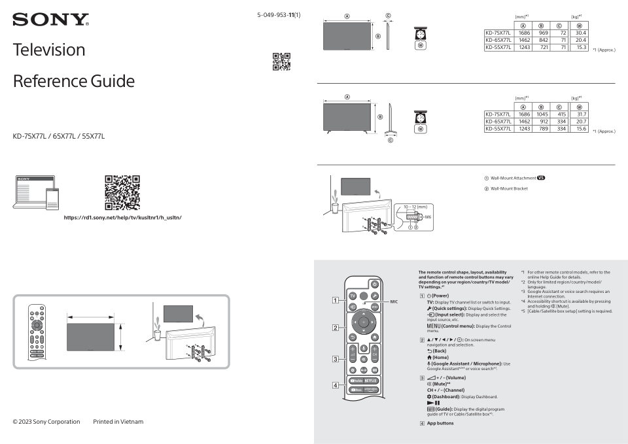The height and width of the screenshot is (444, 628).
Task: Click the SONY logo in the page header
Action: (50, 20)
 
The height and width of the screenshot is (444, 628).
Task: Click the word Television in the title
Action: (49, 50)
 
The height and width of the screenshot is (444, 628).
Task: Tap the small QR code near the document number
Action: (281, 61)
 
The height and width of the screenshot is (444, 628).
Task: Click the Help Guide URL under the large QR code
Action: (122, 217)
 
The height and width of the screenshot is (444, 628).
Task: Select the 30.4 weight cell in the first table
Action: (578, 33)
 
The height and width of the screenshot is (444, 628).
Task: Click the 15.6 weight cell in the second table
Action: (578, 129)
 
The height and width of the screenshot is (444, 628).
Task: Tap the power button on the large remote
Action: (374, 284)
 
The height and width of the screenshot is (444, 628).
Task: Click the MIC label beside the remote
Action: (394, 301)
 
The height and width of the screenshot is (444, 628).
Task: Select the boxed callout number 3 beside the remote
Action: (335, 359)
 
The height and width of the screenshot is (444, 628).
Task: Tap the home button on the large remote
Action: (375, 337)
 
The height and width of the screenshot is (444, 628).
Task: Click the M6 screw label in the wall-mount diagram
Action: (428, 216)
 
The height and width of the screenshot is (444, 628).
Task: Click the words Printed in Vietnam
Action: (118, 422)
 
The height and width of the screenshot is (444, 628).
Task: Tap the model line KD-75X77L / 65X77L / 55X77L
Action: (59, 136)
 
